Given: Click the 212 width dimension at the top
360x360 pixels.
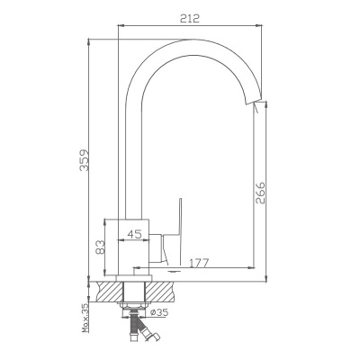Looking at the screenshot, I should (188, 16).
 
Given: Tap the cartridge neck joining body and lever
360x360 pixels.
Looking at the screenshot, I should (163, 241).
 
